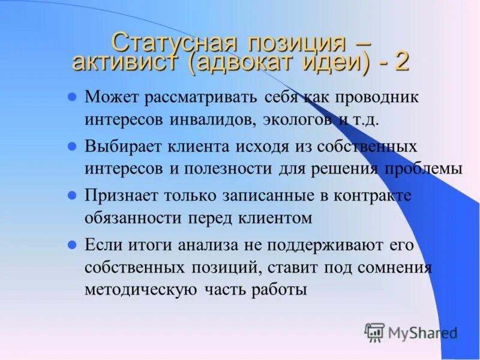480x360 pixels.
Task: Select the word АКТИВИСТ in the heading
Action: click(125, 62)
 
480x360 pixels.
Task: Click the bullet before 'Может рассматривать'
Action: click(71, 96)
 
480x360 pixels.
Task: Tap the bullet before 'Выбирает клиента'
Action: click(71, 146)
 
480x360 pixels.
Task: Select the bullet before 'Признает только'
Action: click(71, 196)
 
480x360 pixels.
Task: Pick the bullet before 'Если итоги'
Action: click(71, 245)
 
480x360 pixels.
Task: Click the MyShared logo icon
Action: click(374, 332)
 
